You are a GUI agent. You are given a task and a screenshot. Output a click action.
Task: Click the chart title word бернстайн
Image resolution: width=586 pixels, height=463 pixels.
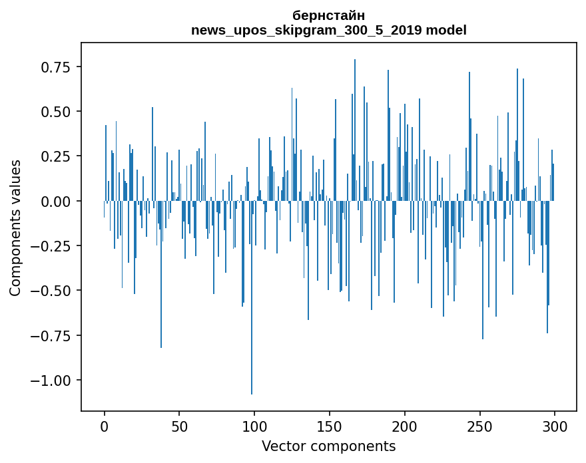(x=328, y=15)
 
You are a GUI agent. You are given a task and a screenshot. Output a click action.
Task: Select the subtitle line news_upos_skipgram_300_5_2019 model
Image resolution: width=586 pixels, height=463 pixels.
(x=328, y=30)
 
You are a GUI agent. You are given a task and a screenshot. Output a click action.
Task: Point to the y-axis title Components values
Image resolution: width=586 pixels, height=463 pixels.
(x=15, y=228)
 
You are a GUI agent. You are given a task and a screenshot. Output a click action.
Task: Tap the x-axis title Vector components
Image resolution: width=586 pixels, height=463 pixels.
(x=328, y=446)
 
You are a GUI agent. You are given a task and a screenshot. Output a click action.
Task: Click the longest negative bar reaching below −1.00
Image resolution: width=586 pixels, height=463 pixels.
(x=252, y=299)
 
